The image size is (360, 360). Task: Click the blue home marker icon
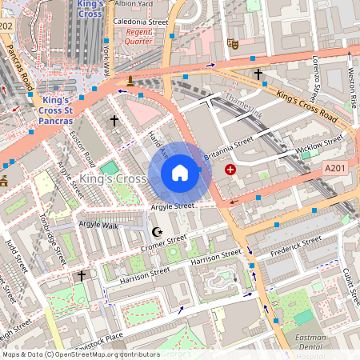click(x=180, y=173)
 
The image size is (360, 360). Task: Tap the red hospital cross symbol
click(x=231, y=170)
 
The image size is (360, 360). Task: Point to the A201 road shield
click(x=337, y=169)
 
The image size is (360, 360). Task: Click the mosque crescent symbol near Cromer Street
click(x=157, y=232)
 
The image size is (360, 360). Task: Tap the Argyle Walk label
click(x=98, y=225)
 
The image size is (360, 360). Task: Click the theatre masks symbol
click(x=233, y=43)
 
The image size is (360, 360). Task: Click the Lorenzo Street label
click(x=317, y=76)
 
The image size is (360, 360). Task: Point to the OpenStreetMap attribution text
click(x=81, y=354)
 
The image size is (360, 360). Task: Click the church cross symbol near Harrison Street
click(x=81, y=275)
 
